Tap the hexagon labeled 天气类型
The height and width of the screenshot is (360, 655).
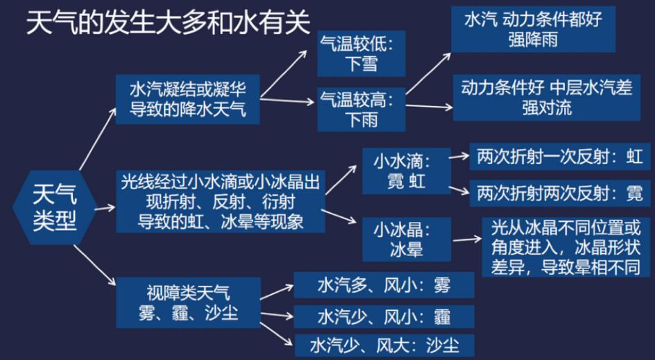coord(55,207)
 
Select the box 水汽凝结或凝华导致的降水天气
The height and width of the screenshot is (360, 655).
coord(187,99)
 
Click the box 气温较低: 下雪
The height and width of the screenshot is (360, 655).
coord(361,53)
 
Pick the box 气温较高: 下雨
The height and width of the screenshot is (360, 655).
coord(361,110)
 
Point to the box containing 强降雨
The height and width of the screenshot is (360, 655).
coord(534,29)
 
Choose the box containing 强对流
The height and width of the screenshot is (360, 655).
coord(546,97)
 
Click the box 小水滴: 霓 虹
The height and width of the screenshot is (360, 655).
coord(407,171)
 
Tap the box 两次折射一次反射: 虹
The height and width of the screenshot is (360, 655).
coord(560,157)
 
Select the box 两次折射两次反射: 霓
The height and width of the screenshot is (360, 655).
coord(560,193)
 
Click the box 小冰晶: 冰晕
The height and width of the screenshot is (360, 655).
coord(407,239)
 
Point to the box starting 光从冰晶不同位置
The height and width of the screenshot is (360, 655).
coord(565,247)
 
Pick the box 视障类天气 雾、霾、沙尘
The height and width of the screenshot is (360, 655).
coord(189,302)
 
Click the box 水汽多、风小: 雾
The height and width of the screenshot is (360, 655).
coord(384,285)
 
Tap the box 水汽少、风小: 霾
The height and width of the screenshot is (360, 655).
coord(384,316)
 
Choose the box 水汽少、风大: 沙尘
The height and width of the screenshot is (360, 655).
coord(384,345)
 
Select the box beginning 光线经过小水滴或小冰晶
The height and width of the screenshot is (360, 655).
coord(221,202)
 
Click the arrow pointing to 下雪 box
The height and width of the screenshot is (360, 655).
coord(284,73)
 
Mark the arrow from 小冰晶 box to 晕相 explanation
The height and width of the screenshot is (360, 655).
coord(466,239)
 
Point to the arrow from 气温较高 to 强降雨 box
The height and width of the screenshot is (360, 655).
coord(428,74)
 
